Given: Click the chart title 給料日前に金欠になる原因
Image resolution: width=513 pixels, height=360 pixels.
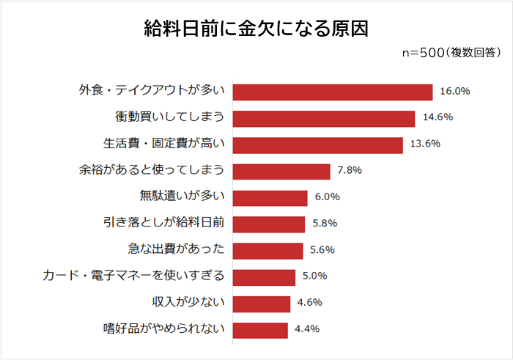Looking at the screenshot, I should point(256,29).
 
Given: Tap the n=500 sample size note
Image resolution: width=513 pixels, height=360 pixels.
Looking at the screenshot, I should point(452,53).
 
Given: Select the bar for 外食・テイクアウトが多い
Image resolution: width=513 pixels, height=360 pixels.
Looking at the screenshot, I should point(333,92).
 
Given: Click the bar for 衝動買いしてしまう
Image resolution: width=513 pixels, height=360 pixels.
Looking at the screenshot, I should point(324,118).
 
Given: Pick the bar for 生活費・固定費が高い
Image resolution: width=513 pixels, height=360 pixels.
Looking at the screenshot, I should point(318,144).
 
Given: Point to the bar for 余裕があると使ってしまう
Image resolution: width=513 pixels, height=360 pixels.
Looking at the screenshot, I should point(282,171).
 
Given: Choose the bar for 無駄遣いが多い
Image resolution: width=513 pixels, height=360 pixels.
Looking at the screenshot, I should point(270,197).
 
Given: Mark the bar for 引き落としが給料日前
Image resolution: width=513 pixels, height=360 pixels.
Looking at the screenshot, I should point(269,224).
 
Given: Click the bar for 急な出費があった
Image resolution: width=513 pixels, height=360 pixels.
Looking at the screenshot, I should point(268,250).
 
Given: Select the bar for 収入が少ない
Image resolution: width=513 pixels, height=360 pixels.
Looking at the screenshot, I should point(262,303).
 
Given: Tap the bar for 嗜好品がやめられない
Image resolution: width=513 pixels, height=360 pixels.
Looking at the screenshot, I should point(261,329).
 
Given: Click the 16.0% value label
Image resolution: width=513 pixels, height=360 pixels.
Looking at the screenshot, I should point(454,92).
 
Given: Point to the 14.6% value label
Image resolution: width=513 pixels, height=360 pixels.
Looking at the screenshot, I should point(437,118).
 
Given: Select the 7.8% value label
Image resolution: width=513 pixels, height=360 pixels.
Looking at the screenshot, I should point(350,171).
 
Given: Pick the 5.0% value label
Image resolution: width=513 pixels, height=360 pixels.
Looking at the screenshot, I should point(314,276).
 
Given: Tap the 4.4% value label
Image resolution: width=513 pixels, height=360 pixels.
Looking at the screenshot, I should point(307,329).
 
